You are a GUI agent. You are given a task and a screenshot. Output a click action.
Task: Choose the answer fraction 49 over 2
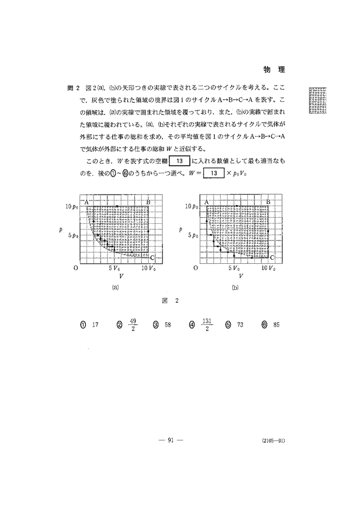coord(133,325)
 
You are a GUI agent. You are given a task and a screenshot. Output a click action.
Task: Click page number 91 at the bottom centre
coord(171,440)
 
